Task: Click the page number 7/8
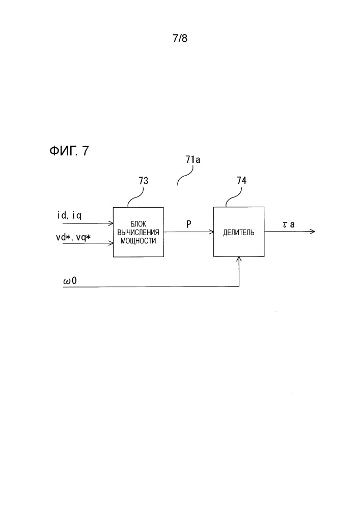(180, 39)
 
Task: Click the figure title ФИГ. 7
(69, 151)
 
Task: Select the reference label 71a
(192, 160)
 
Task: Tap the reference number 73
(144, 180)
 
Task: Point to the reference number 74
(242, 180)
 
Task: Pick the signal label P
(188, 223)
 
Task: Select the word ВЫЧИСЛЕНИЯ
(138, 232)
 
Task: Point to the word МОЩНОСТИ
(138, 240)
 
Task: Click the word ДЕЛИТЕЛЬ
(239, 232)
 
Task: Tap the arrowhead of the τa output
(313, 232)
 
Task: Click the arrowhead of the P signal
(210, 232)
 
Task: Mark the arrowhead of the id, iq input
(110, 223)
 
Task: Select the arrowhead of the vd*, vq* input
(110, 243)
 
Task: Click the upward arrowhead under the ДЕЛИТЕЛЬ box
(239, 260)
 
